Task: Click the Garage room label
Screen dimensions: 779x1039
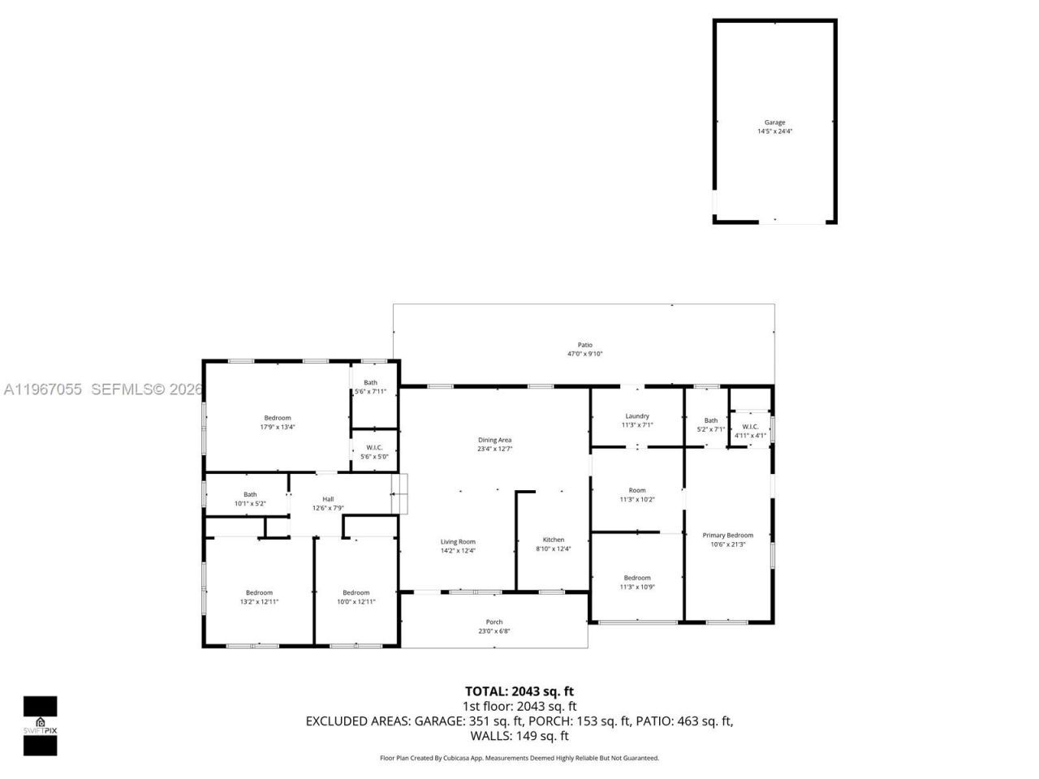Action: tap(774, 123)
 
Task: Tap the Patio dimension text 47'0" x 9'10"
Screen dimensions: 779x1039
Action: tap(584, 354)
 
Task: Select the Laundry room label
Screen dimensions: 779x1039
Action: tap(637, 416)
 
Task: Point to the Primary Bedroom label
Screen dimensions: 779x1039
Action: tap(727, 536)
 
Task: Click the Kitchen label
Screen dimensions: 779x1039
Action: tap(554, 540)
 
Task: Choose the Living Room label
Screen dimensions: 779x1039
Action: tap(458, 542)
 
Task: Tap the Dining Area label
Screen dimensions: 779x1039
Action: tap(494, 440)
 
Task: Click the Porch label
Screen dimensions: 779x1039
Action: tap(494, 622)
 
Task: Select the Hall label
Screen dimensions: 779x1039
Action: tap(328, 500)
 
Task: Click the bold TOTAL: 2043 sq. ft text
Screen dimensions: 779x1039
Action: tap(519, 691)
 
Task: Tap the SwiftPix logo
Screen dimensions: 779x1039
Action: tap(40, 725)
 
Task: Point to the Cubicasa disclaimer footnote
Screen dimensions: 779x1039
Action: tap(519, 758)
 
